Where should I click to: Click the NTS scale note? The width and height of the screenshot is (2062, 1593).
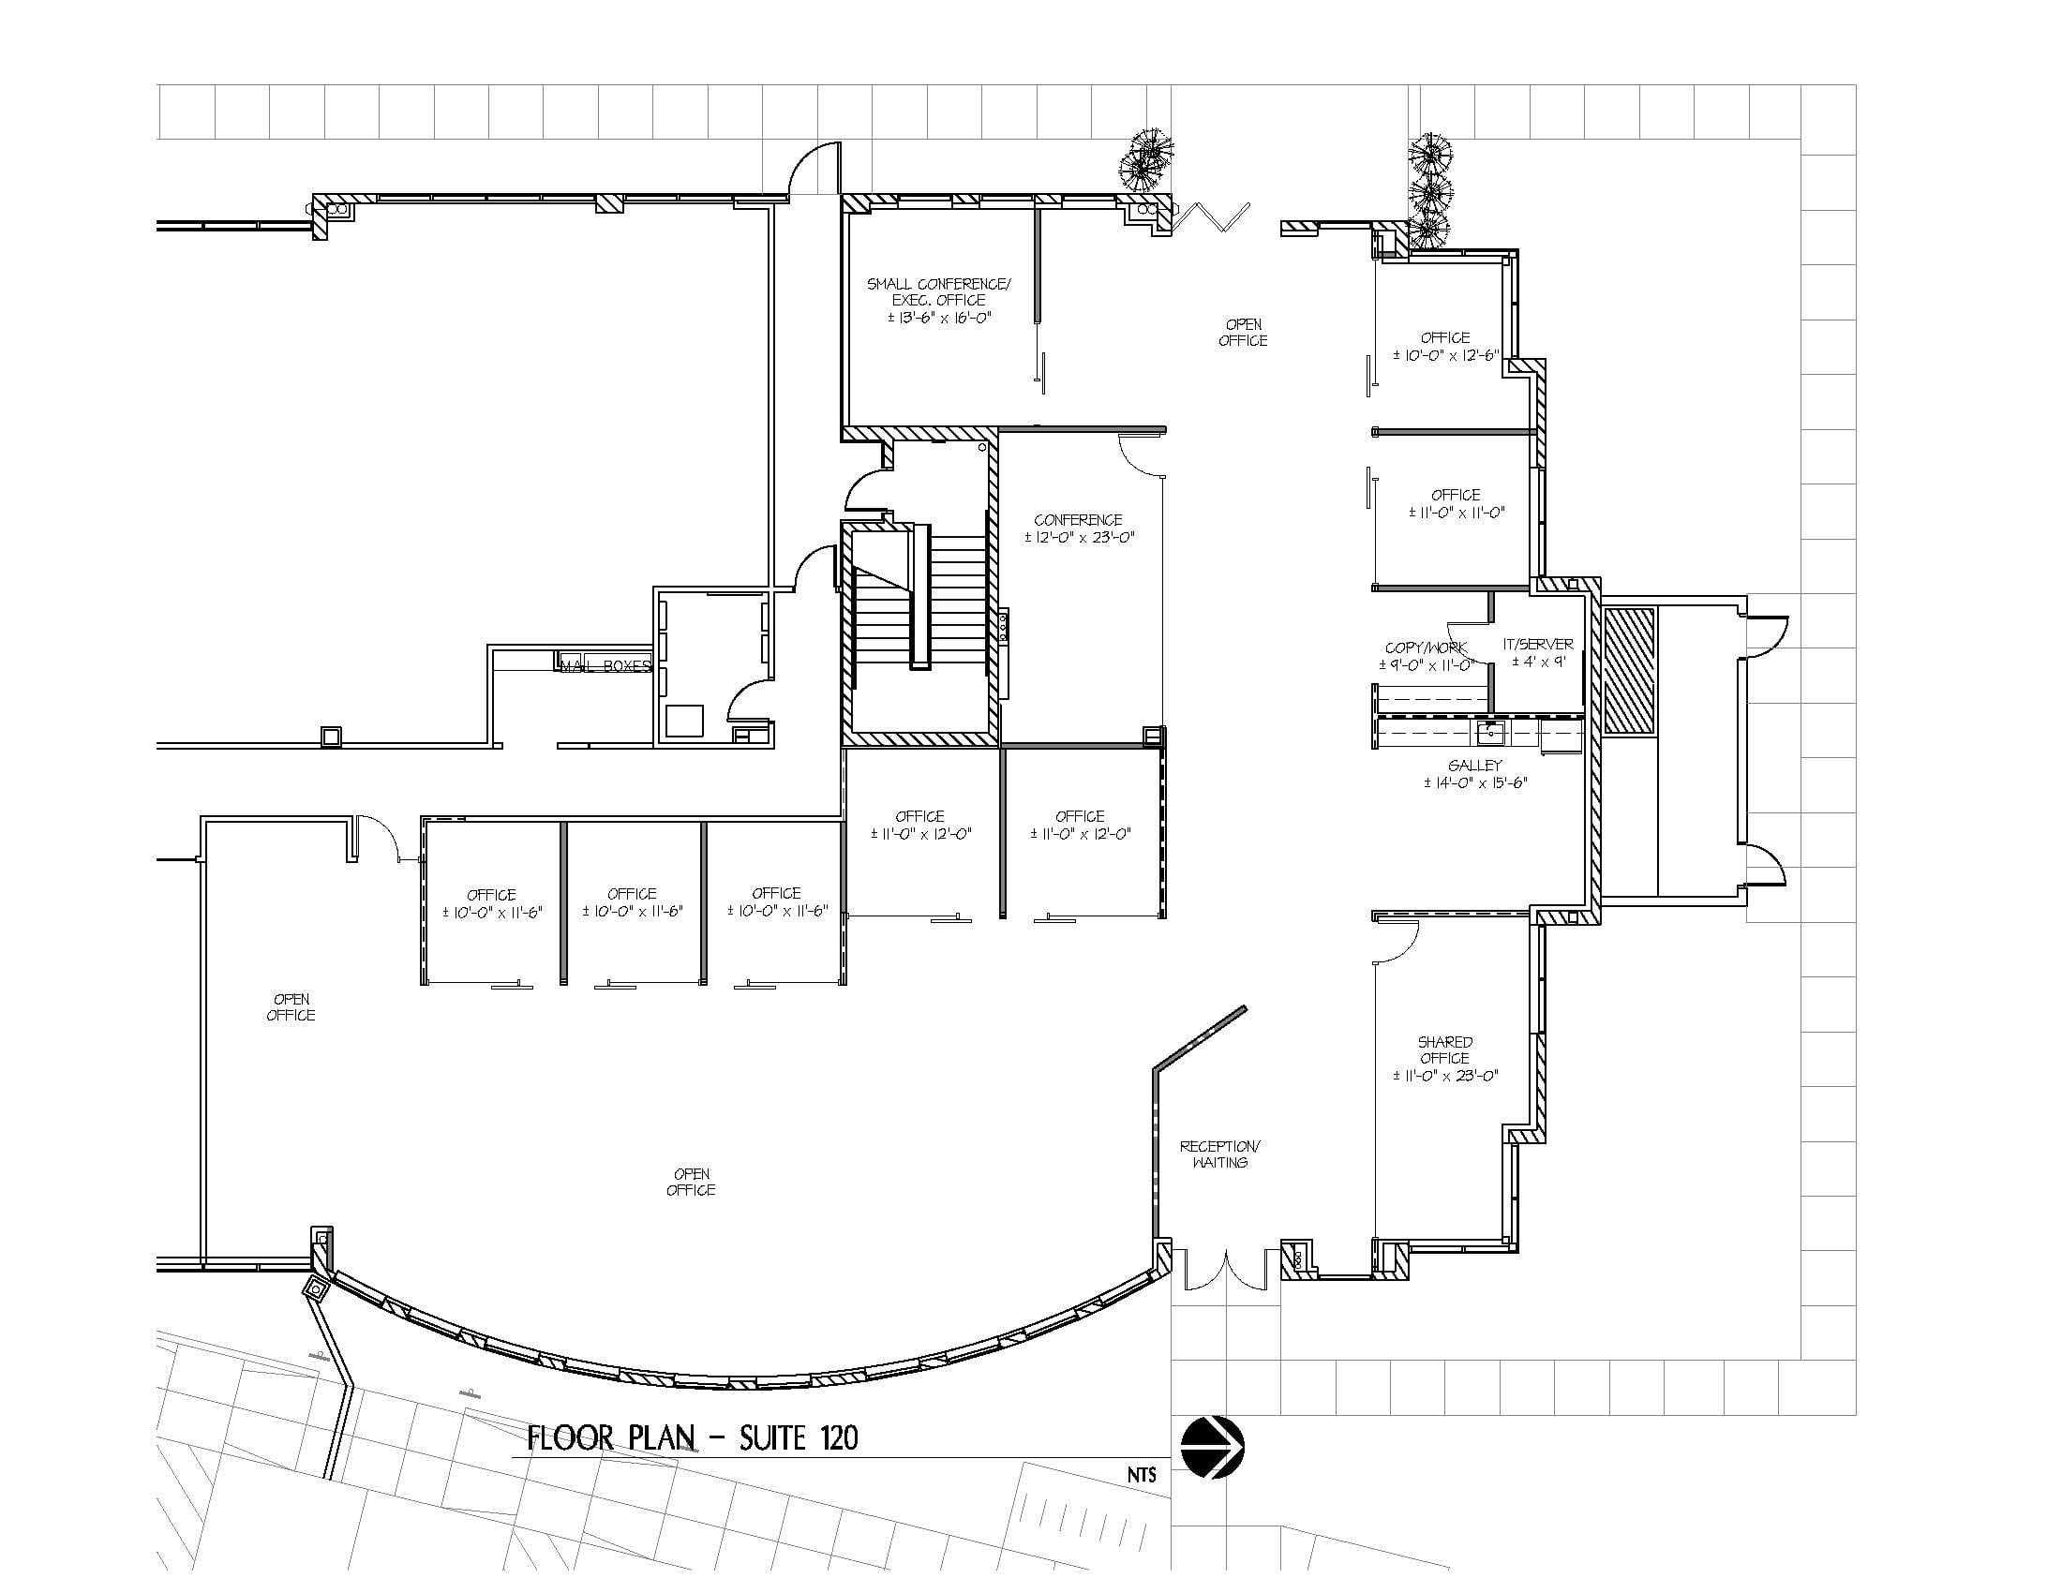coord(1141,1475)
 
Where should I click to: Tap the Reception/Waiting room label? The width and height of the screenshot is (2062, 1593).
coord(1219,1154)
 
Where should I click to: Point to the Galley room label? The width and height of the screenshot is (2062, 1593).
coord(1474,766)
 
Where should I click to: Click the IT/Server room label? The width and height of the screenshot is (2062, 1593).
coord(1538,645)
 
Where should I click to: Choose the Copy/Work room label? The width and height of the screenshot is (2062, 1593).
coord(1426,648)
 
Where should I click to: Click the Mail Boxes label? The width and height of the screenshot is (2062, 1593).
coord(605,666)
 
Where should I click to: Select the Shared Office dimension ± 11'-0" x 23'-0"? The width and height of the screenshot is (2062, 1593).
coord(1445,1075)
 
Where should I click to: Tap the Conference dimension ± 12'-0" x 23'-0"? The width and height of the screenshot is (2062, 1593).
coord(1078,538)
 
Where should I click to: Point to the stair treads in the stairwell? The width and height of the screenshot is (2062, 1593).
coord(958,604)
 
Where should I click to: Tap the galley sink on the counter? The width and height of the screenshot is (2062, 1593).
coord(1492,728)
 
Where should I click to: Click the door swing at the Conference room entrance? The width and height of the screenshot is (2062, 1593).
coord(1141,455)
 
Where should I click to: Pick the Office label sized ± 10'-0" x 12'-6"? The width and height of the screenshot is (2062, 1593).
coord(1444,337)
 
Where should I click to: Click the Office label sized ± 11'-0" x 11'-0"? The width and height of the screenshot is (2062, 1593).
coord(1455,495)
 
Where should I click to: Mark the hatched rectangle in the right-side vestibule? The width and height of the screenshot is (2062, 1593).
coord(1630,671)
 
